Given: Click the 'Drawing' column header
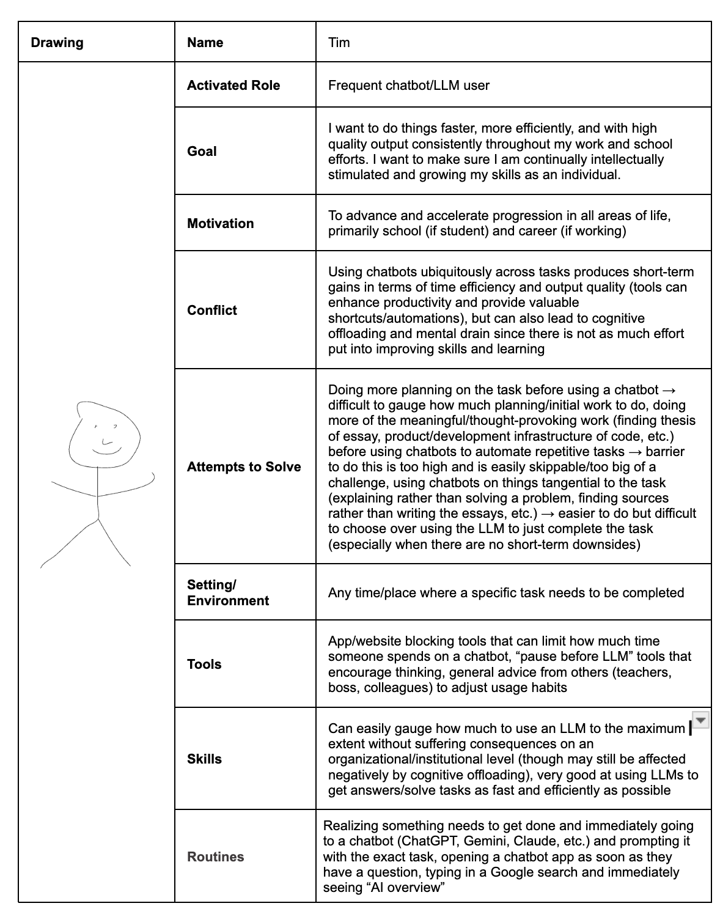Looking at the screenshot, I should (57, 43).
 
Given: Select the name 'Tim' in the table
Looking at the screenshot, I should (339, 43).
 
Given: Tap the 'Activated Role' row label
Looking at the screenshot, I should (233, 86).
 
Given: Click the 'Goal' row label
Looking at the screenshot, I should (202, 152).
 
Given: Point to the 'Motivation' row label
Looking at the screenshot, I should (220, 224).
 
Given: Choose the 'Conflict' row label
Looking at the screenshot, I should (211, 311).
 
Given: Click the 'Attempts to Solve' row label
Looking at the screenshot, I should (244, 467).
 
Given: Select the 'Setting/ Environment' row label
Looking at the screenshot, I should (227, 593).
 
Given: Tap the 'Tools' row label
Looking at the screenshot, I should (204, 665).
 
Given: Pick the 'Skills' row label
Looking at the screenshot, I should (204, 759).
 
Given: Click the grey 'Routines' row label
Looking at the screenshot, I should (215, 857).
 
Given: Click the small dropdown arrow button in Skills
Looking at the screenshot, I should (700, 720).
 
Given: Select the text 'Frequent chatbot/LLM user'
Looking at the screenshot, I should (408, 86).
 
